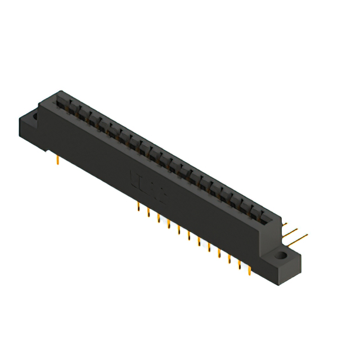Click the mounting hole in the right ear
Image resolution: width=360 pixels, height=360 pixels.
click(280, 256)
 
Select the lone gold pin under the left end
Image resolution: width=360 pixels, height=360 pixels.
click(58, 161)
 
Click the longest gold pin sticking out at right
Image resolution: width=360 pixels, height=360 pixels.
click(298, 237)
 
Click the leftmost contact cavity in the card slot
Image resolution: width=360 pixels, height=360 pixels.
click(60, 102)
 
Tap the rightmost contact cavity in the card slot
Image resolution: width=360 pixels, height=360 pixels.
click(262, 217)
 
